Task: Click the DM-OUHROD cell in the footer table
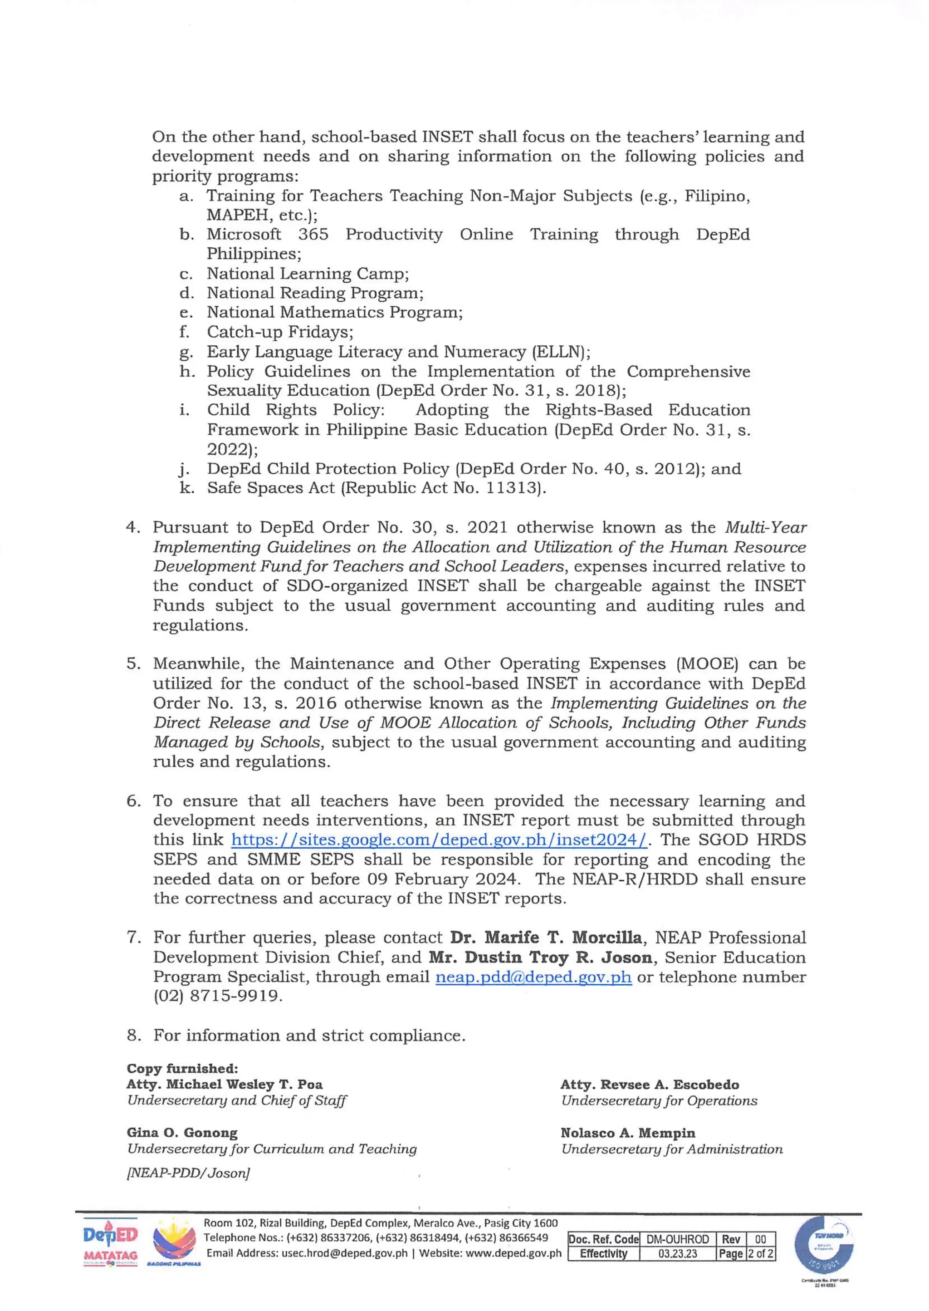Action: click(677, 1239)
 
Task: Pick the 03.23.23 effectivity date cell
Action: click(677, 1253)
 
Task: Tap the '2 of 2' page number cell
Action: click(761, 1253)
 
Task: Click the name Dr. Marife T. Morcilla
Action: click(546, 938)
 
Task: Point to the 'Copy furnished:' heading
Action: click(182, 1068)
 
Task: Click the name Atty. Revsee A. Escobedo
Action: click(649, 1085)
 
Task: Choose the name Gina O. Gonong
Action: click(182, 1133)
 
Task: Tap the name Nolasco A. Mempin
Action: click(627, 1133)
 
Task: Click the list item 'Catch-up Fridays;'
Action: click(280, 332)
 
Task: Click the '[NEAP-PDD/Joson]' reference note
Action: click(188, 1173)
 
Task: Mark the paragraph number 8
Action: click(133, 1035)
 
